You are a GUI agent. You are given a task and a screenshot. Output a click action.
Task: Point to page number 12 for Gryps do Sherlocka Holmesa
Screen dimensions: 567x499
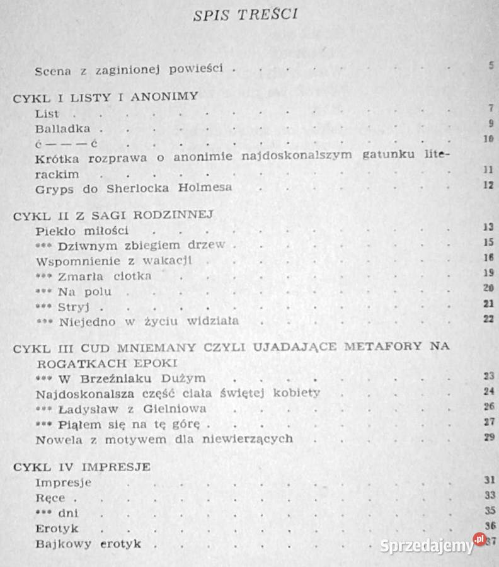[488, 186]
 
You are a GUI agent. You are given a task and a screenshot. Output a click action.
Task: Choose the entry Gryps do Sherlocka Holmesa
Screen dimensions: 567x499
[134, 187]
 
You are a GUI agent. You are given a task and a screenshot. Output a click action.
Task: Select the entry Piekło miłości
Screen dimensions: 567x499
[83, 230]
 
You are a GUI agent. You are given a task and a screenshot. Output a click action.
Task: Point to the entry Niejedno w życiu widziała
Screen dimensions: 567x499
[148, 322]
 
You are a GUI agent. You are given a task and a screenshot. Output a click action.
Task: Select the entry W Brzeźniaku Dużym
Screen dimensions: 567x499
[132, 379]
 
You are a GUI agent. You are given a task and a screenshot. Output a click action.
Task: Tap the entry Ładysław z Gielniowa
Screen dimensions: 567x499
[131, 408]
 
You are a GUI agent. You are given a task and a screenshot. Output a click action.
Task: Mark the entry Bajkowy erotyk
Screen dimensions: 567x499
[88, 543]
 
